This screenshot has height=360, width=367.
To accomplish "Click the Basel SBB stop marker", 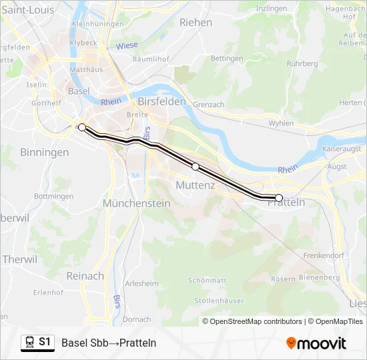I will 81,127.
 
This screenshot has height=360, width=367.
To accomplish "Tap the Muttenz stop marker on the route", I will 196,167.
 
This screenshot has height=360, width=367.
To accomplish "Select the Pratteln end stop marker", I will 279,197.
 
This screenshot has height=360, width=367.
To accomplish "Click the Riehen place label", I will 196,22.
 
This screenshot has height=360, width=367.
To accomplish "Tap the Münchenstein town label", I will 136,203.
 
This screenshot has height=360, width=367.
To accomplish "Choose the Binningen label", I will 44,152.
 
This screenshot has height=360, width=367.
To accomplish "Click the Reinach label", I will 85,275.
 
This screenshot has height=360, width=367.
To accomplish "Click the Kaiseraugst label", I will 341,148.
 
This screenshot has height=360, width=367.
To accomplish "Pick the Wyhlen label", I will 281,123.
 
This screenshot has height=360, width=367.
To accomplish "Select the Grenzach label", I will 208,105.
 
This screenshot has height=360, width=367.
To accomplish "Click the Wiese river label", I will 127,46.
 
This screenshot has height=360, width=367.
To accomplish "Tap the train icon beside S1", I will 29,342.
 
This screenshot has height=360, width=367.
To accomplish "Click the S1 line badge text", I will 45,342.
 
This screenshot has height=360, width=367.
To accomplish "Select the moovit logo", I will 316,343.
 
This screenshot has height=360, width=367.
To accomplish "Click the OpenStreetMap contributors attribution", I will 255,321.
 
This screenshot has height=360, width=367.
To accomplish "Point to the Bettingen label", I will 227,59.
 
